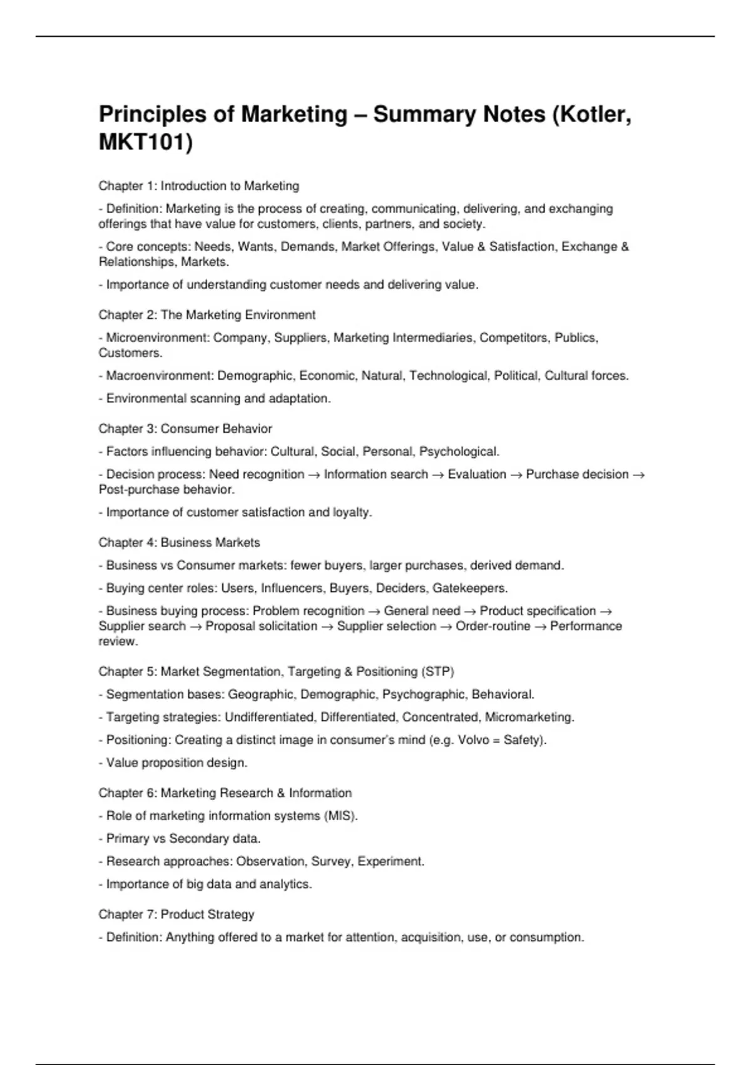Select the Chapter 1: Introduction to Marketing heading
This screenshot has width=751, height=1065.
[198, 186]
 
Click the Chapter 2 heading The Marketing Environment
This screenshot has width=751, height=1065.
[207, 315]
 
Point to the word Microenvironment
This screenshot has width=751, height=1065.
[156, 338]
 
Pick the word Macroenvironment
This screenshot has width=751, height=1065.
[159, 376]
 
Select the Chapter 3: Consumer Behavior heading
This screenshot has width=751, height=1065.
[185, 429]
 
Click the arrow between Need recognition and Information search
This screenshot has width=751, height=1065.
[314, 475]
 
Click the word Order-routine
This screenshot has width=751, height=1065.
[493, 626]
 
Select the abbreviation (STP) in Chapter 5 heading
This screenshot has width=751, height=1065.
[438, 672]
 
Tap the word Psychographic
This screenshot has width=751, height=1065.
[423, 695]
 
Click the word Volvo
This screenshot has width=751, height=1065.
[473, 740]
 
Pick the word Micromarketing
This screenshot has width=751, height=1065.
[529, 717]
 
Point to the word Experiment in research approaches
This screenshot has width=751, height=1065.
[390, 861]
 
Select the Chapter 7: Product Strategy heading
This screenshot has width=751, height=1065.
[176, 915]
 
